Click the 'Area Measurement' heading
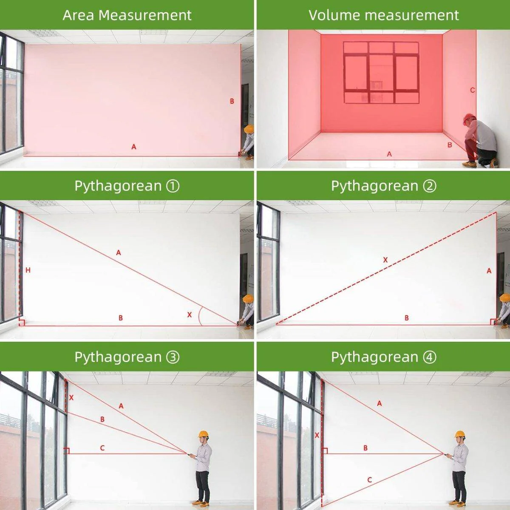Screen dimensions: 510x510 (127, 15)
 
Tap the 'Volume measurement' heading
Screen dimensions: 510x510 (383, 15)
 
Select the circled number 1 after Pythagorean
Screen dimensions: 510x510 (173, 186)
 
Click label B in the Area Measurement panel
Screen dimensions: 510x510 (232, 101)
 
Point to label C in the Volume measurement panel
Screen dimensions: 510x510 (473, 90)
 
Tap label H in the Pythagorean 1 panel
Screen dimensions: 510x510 (28, 270)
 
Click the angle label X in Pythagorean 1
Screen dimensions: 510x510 (189, 314)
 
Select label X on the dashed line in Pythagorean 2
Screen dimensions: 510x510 (385, 260)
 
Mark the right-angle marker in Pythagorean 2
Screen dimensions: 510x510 (493, 322)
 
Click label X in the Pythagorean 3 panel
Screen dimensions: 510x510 (71, 397)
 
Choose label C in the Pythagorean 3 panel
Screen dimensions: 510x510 (102, 448)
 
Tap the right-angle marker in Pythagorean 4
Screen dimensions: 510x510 (325, 451)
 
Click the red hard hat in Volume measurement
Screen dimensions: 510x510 (469, 119)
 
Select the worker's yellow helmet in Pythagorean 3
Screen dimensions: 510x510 (203, 434)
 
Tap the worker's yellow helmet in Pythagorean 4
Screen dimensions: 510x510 (460, 434)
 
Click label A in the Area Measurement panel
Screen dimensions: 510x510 (134, 147)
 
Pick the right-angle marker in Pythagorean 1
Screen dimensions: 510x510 (22, 323)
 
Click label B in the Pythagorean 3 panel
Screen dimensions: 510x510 (102, 419)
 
